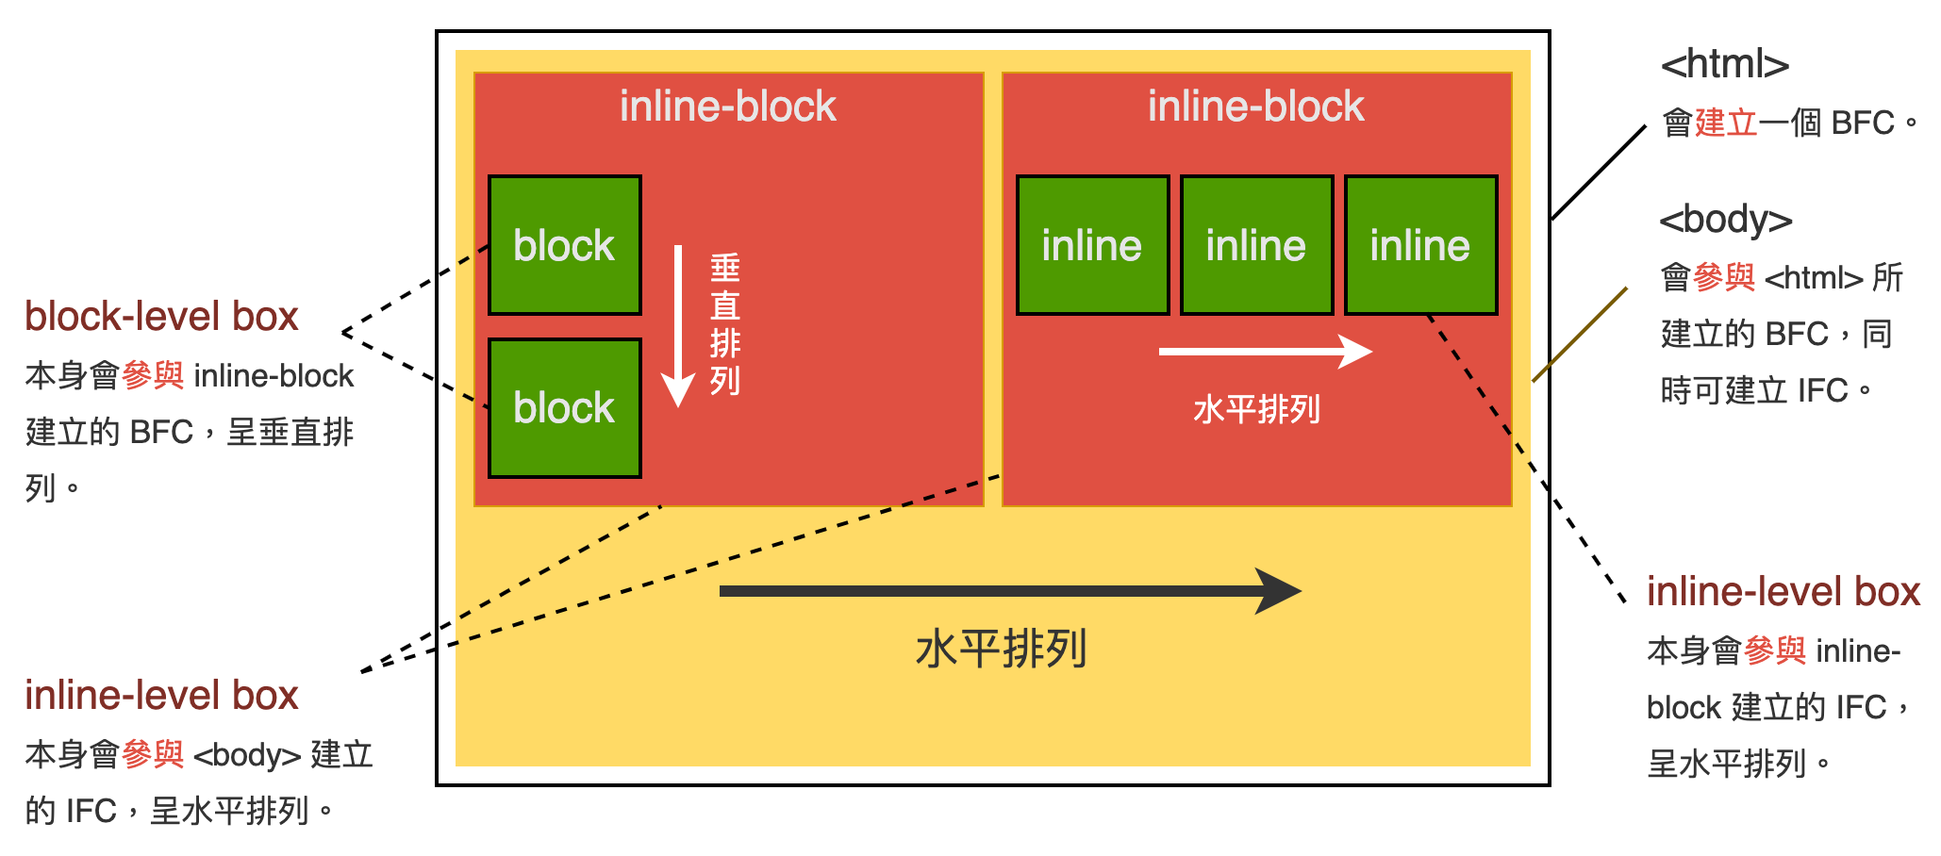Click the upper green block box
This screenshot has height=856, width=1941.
(564, 245)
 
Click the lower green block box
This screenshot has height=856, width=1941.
(564, 408)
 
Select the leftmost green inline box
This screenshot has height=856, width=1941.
(1092, 245)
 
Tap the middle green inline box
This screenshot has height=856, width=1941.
(1256, 245)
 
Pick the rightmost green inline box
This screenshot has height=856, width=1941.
(1420, 245)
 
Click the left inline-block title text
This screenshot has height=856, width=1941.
(727, 107)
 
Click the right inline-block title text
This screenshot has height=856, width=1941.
(1255, 107)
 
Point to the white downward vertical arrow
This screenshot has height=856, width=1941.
(678, 325)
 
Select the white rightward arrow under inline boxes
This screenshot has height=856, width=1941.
(1264, 352)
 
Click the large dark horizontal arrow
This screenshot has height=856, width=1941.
(1009, 591)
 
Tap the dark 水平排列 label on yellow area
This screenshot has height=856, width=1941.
(1001, 649)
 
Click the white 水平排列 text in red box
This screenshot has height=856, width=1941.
(1256, 409)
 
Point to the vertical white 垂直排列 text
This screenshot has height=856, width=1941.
(724, 324)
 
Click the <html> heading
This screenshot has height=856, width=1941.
(1724, 64)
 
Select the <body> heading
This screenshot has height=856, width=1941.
(1725, 219)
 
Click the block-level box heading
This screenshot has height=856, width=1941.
(161, 317)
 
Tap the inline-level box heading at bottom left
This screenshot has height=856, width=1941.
(161, 696)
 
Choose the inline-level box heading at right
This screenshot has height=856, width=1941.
(1783, 592)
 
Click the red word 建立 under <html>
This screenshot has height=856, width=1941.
(1726, 123)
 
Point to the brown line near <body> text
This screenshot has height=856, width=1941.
(1580, 335)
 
